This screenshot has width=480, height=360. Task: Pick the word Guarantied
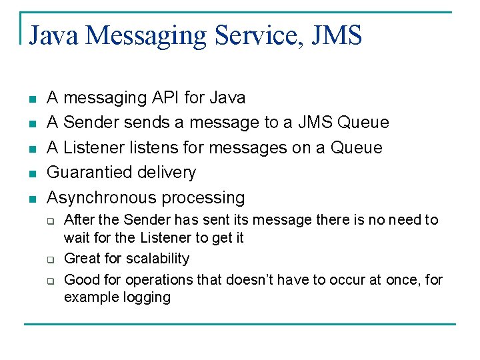[89, 173]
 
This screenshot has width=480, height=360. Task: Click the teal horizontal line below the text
[240, 324]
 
